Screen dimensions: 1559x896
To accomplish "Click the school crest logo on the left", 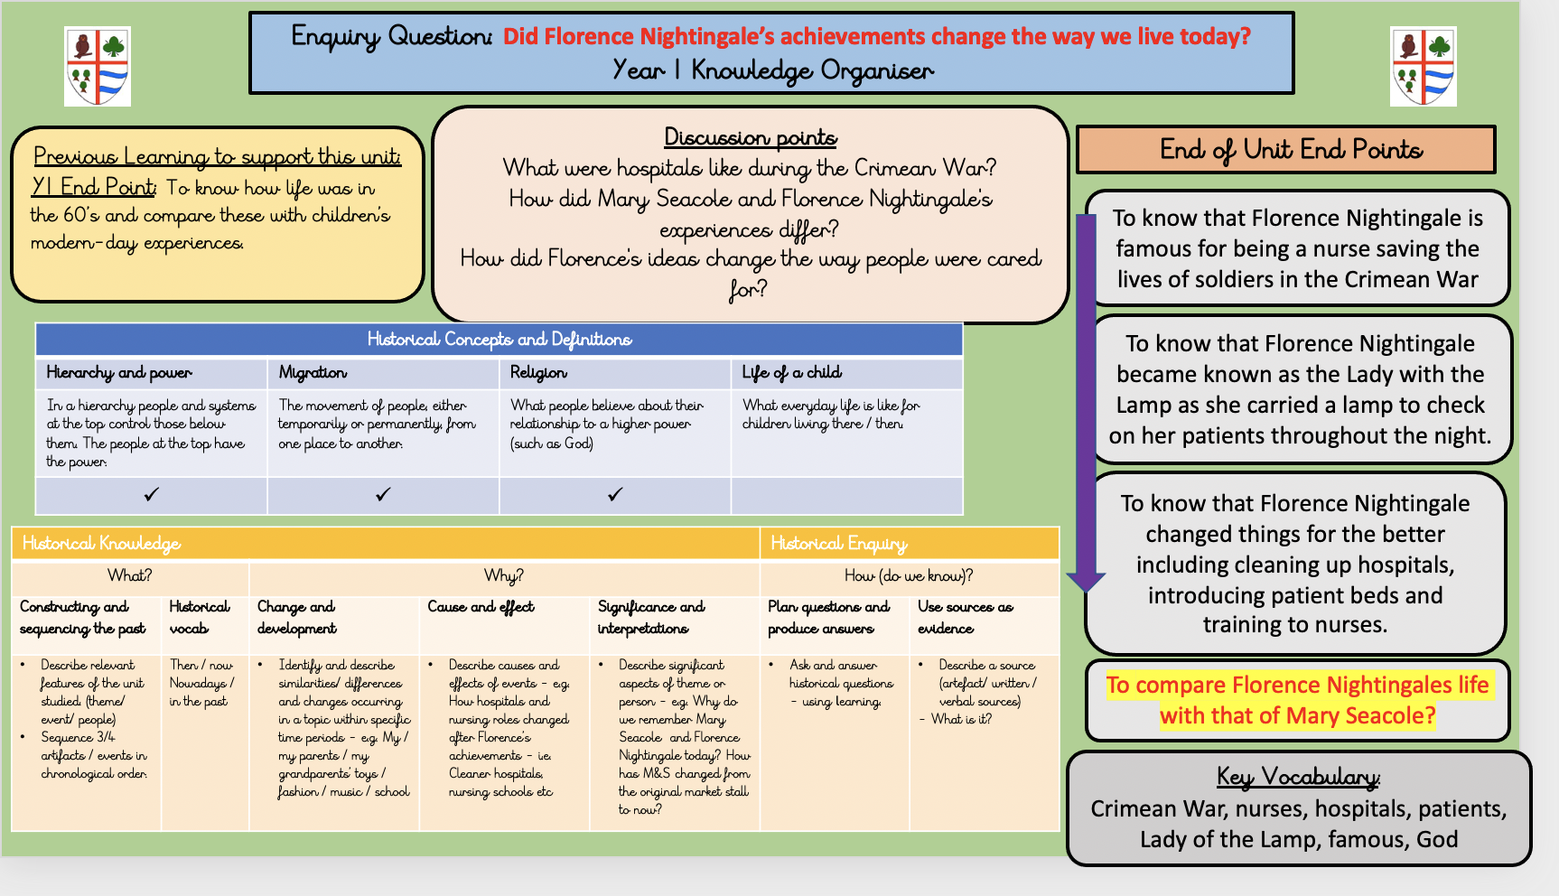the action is point(98,66).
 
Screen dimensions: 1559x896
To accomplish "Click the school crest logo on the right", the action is point(1424,66).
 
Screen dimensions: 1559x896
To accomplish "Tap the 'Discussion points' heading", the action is point(751,137).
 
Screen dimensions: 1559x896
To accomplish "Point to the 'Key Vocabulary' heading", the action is point(1298,777).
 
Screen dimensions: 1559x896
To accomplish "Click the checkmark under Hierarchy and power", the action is point(152,494).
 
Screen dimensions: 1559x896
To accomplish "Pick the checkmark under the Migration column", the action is point(383,494).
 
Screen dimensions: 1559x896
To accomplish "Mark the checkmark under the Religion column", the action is point(615,494).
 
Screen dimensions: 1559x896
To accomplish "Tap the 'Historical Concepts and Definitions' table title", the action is point(499,340).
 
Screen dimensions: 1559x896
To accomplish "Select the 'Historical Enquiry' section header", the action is point(838,543).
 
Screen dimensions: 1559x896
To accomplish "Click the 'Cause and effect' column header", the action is point(481,607).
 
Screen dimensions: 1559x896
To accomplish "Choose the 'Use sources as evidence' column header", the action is point(966,618).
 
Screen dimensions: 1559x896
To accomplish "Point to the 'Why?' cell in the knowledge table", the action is point(504,576).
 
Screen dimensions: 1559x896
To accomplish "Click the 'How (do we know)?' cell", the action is point(909,576).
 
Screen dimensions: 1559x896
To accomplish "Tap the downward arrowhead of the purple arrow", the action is point(1086,581).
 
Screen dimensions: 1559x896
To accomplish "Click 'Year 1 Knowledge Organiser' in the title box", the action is point(773,70).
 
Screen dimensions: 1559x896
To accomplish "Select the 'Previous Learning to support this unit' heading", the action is point(218,157).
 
